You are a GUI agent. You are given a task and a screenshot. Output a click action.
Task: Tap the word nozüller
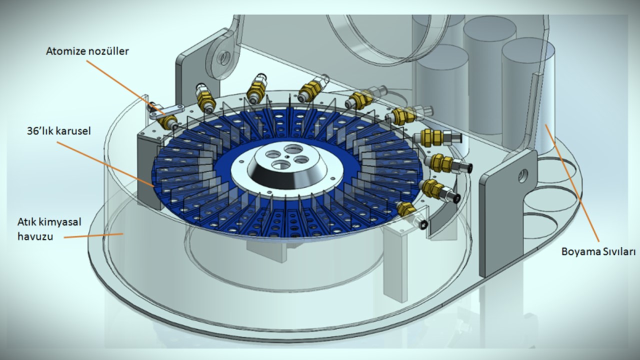107,51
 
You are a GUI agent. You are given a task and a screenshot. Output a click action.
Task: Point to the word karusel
73,131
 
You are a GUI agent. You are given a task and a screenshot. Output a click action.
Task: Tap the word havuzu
35,236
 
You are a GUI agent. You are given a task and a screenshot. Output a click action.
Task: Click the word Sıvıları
617,251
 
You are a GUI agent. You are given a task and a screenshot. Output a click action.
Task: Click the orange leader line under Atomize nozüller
125,87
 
